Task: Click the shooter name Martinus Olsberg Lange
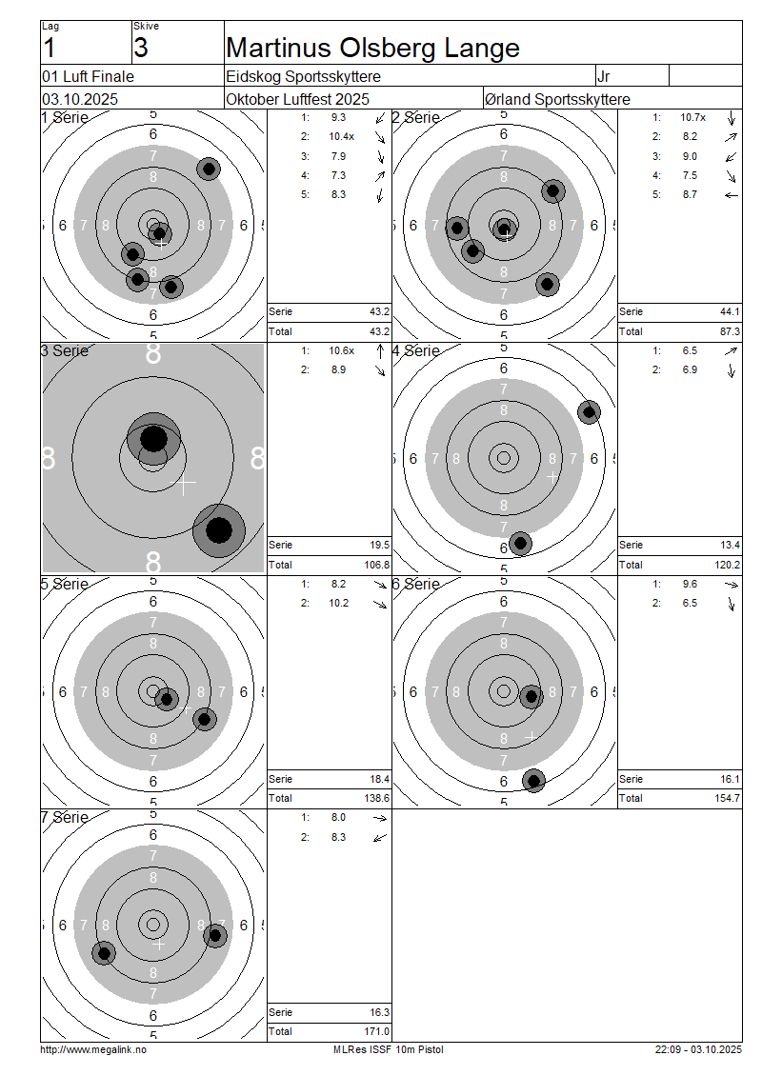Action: click(372, 48)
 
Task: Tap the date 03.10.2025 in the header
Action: click(80, 99)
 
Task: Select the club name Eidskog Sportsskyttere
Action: click(304, 76)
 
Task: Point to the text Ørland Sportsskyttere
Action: click(557, 99)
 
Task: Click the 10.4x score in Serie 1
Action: click(341, 136)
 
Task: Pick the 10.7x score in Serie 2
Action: click(692, 117)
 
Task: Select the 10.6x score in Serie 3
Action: click(341, 350)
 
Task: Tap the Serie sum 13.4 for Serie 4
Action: click(731, 545)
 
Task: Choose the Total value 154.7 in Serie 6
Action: click(728, 798)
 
